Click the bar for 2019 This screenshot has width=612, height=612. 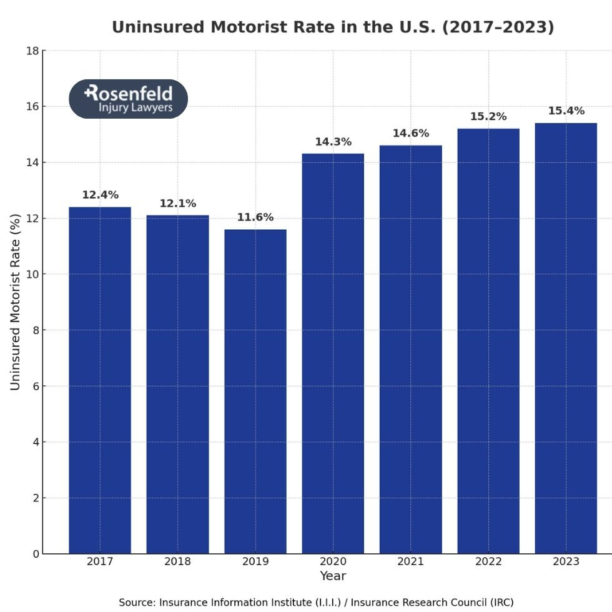pos(255,392)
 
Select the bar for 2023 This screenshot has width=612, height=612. pos(566,338)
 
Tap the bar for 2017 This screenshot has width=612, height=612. pos(100,380)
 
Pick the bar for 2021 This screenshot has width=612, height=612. pos(410,349)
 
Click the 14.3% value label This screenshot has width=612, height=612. pos(333,142)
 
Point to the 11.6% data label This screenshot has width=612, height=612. pos(255,218)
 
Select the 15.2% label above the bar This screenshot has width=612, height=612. pos(488,117)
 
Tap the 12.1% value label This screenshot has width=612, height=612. pos(177,204)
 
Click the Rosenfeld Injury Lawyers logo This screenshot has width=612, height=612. pos(128,99)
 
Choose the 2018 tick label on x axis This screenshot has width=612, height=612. pos(177,561)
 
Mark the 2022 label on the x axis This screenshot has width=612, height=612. pos(488,561)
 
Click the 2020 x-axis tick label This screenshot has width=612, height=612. pos(333,561)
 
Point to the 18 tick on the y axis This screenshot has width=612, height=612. pos(32,51)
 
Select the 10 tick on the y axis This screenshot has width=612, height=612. pos(32,274)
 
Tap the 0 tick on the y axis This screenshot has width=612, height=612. pos(36,554)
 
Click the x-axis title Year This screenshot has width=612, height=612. pos(333,576)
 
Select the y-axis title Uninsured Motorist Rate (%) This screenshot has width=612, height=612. pos(16,302)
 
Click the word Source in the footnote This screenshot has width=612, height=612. pos(136,603)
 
